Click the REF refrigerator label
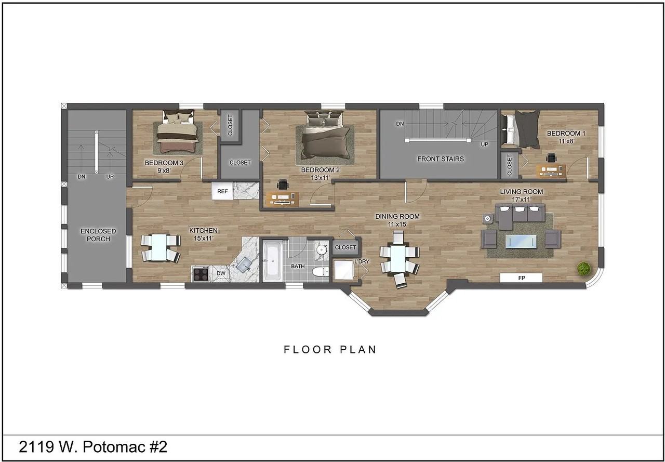click(222, 191)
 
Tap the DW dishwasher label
click(221, 273)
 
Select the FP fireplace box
click(521, 278)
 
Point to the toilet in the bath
click(321, 271)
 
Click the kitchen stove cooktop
click(201, 274)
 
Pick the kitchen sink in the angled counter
click(244, 264)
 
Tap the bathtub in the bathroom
click(272, 261)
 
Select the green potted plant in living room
click(583, 268)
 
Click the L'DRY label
click(362, 261)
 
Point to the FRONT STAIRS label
click(441, 159)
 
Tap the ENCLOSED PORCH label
click(98, 235)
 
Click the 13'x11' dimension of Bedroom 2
click(321, 178)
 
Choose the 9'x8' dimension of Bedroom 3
click(164, 171)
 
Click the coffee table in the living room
click(521, 242)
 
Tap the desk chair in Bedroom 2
click(282, 184)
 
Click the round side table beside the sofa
click(487, 219)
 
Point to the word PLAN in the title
click(358, 349)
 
